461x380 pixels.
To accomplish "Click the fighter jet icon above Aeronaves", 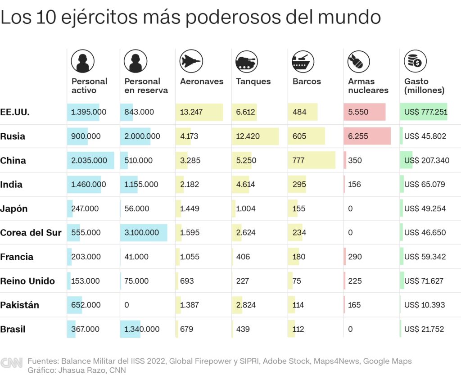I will pos(191,61).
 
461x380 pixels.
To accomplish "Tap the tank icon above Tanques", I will pos(247,61).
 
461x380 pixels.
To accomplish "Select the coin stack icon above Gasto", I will pos(415,61).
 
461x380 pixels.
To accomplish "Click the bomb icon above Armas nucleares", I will pos(359,61).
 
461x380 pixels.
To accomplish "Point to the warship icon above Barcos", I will pos(303,61).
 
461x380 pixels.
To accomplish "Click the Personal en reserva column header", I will pos(146,86).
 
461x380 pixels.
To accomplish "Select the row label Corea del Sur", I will pos(31,233).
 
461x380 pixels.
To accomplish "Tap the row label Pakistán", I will pos(19,305).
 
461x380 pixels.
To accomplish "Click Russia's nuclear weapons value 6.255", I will pos(358,136).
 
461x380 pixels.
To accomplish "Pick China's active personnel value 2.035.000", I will pos(89,160).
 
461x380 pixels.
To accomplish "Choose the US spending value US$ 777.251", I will pos(425,112).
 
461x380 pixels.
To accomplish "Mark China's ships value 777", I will pos(298,160).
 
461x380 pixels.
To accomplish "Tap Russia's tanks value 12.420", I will pos(248,136).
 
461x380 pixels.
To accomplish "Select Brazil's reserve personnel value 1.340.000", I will pos(142,329).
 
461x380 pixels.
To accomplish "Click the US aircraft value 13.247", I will pos(191,112).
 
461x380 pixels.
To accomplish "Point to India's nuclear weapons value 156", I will pos(354,185).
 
